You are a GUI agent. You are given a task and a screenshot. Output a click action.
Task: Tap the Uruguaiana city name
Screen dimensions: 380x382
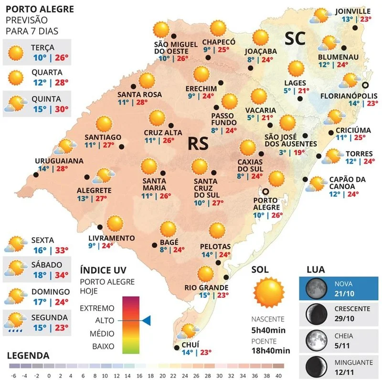pyautogui.click(x=59, y=161)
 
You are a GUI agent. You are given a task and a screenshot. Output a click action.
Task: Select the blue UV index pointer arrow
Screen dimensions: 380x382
pyautogui.click(x=147, y=320)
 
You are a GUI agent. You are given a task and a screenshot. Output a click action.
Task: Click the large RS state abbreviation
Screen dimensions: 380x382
pyautogui.click(x=198, y=144)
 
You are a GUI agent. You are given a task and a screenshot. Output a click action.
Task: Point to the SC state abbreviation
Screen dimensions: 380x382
pyautogui.click(x=295, y=39)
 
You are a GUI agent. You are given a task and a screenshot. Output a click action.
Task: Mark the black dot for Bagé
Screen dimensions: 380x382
pyautogui.click(x=154, y=246)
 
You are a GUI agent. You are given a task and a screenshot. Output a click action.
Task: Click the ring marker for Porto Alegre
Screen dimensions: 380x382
pyautogui.click(x=265, y=191)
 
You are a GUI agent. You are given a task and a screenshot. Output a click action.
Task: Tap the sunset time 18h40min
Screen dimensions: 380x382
pyautogui.click(x=271, y=350)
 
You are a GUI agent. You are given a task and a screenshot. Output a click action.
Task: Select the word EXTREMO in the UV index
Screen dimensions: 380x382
pyautogui.click(x=97, y=307)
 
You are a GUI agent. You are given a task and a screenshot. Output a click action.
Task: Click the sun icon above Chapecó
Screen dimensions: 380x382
pyautogui.click(x=219, y=29)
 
